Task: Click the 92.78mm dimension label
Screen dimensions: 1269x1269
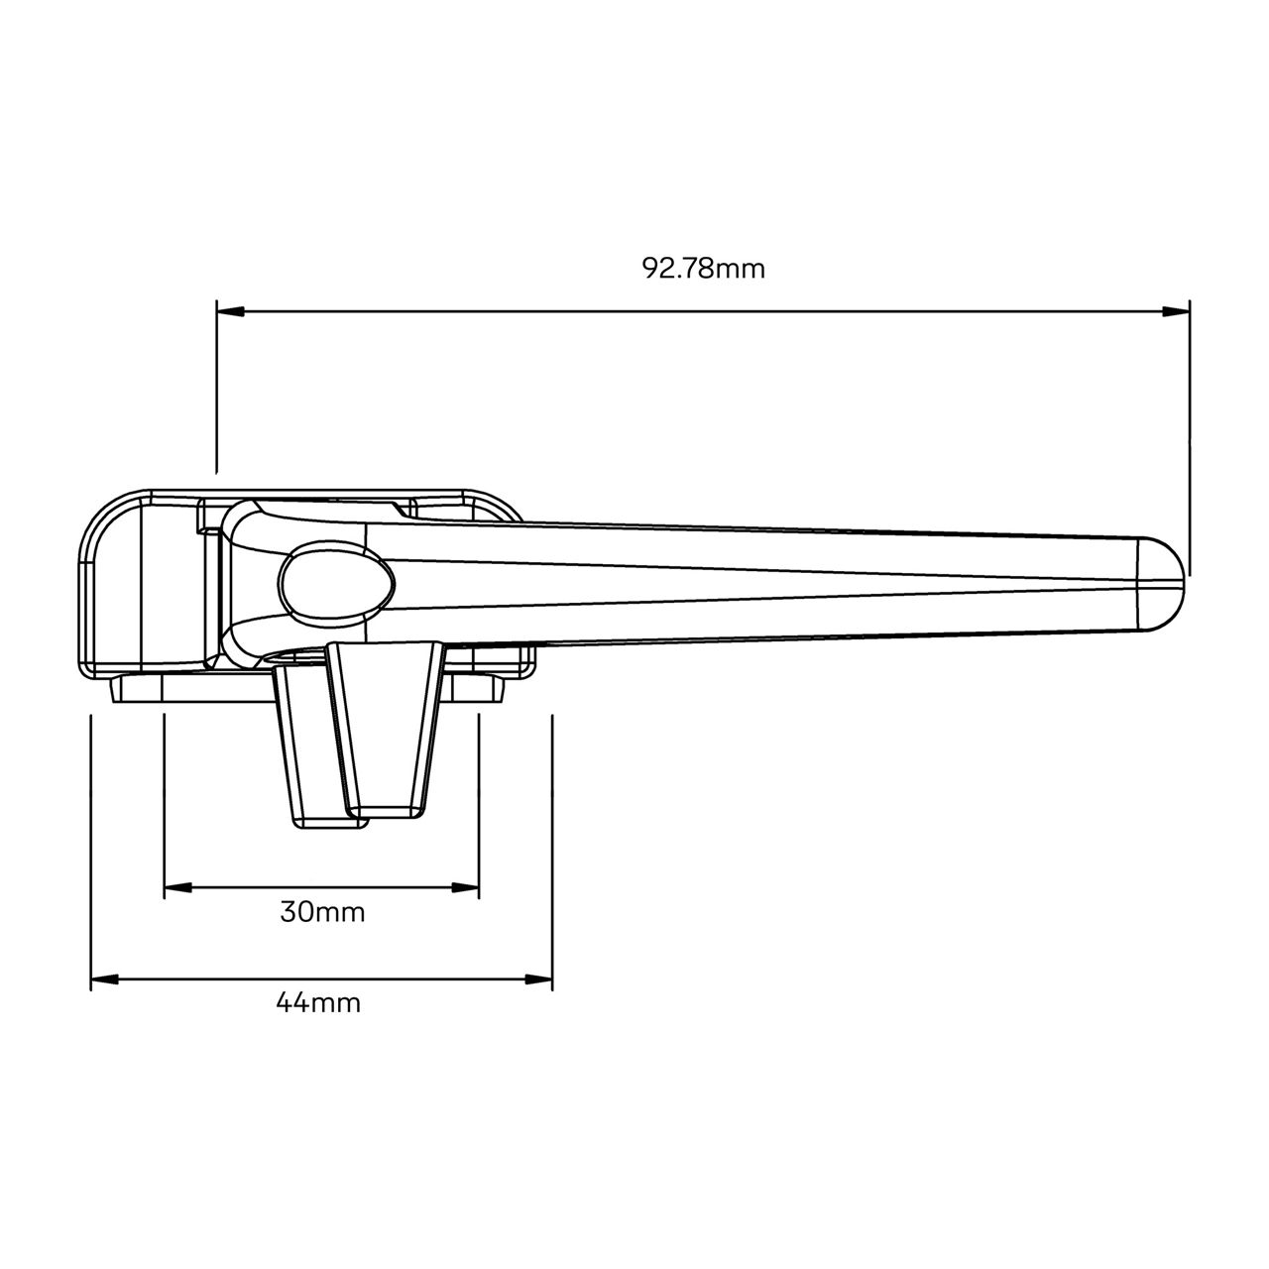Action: [x=703, y=269]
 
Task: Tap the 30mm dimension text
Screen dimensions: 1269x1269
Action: [x=322, y=912]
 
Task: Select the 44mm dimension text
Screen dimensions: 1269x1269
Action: [x=317, y=1003]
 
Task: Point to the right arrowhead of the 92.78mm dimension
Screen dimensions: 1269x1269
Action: [x=1177, y=312]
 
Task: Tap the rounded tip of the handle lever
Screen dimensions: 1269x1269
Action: [x=1166, y=584]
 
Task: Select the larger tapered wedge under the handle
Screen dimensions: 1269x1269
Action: [x=387, y=729]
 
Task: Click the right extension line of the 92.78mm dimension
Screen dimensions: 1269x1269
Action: [x=1190, y=436]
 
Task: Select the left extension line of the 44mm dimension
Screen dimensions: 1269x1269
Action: [x=90, y=843]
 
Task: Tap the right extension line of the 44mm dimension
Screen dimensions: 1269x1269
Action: [x=552, y=843]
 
